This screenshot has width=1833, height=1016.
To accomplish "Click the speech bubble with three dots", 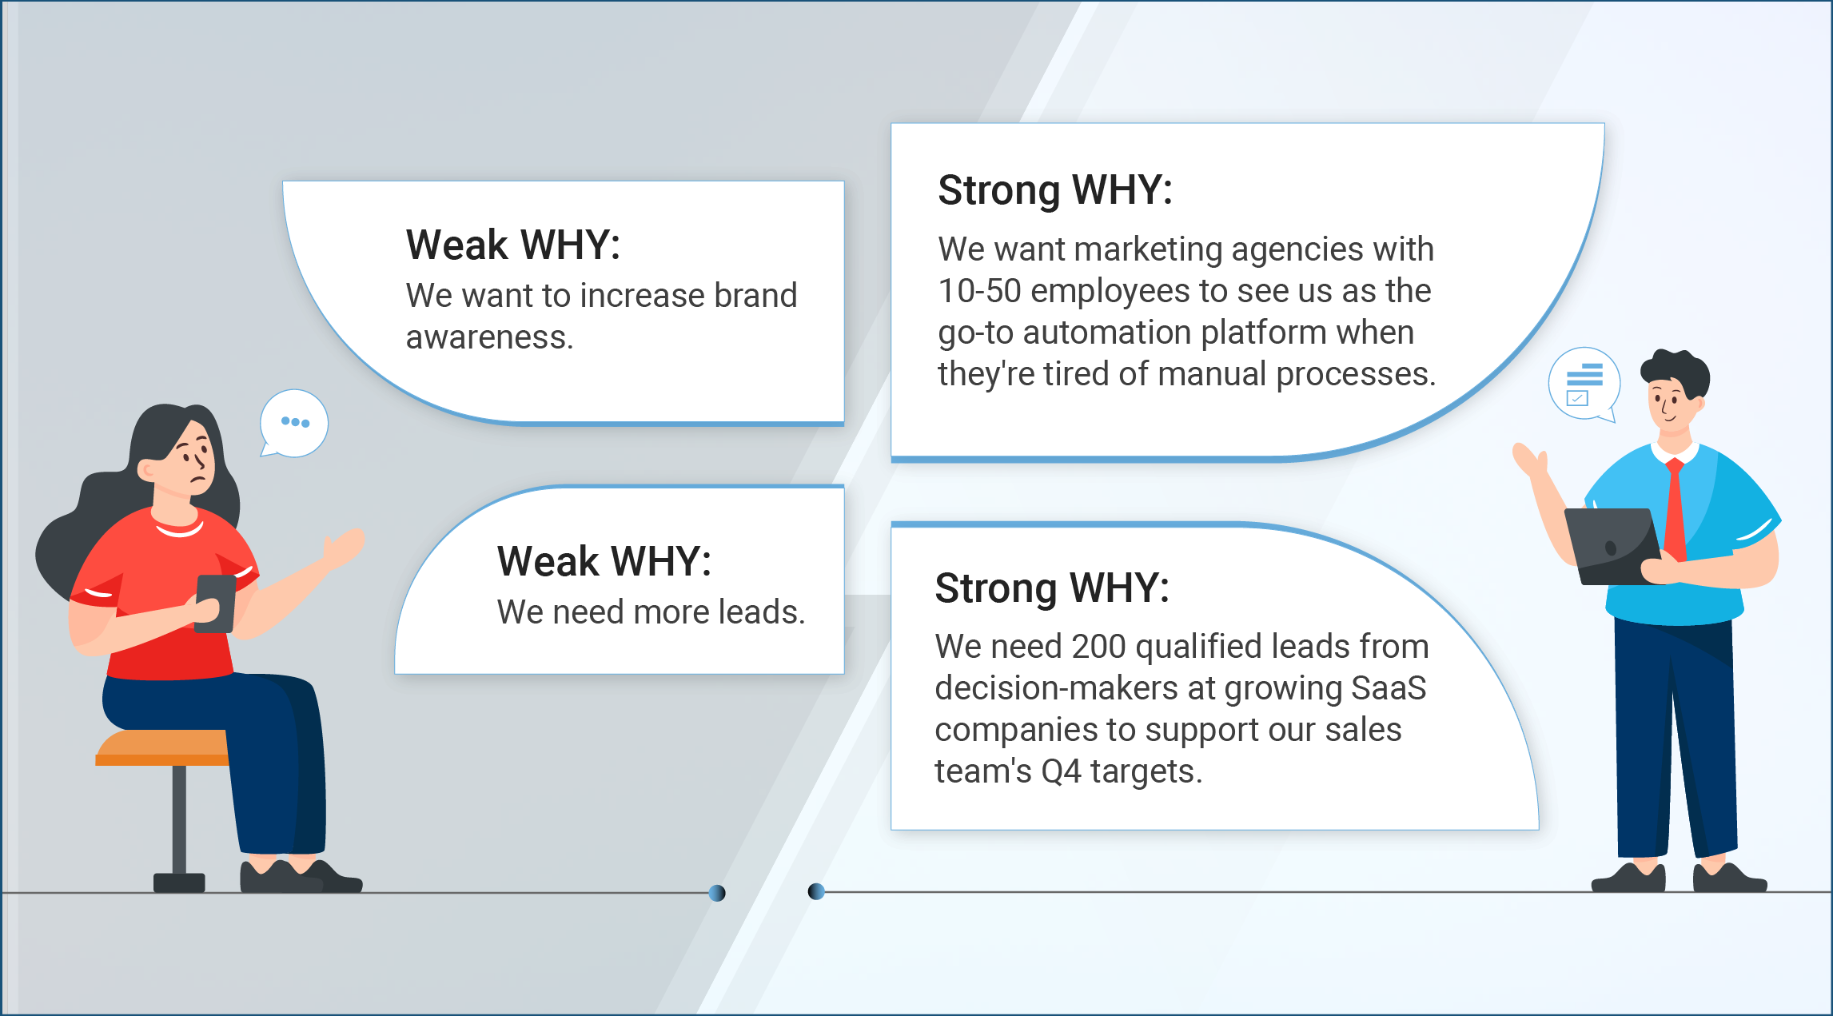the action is tap(293, 423).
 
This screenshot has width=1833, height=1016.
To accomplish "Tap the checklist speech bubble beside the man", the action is tap(1584, 384).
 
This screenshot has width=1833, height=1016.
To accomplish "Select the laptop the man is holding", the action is tap(1611, 547).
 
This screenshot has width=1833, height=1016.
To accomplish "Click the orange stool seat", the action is tap(162, 747).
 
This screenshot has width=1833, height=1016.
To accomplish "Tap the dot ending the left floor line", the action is tap(717, 893).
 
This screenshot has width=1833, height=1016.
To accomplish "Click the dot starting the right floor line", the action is tap(816, 891).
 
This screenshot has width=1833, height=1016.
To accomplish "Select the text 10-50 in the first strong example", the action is tap(979, 291).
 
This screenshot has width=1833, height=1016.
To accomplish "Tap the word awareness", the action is tap(489, 337).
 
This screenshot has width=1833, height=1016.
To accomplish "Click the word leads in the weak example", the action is tap(762, 612).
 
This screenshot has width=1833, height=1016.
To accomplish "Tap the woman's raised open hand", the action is tap(344, 548).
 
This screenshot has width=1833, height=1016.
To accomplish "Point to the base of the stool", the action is tap(179, 883).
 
